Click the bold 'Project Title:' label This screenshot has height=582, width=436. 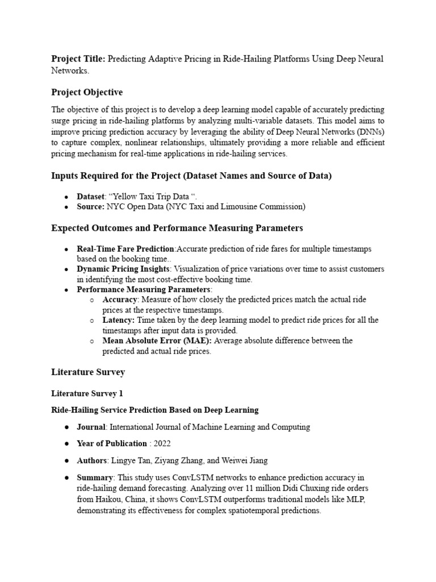[78, 59]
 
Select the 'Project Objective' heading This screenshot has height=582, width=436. [87, 92]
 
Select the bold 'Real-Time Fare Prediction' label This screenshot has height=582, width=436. [126, 249]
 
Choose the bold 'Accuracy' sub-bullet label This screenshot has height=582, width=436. [120, 300]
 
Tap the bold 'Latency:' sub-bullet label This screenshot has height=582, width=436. [119, 320]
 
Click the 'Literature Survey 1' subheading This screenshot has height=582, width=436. [87, 393]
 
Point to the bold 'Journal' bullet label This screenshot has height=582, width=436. [91, 427]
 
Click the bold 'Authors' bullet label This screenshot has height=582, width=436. [91, 460]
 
